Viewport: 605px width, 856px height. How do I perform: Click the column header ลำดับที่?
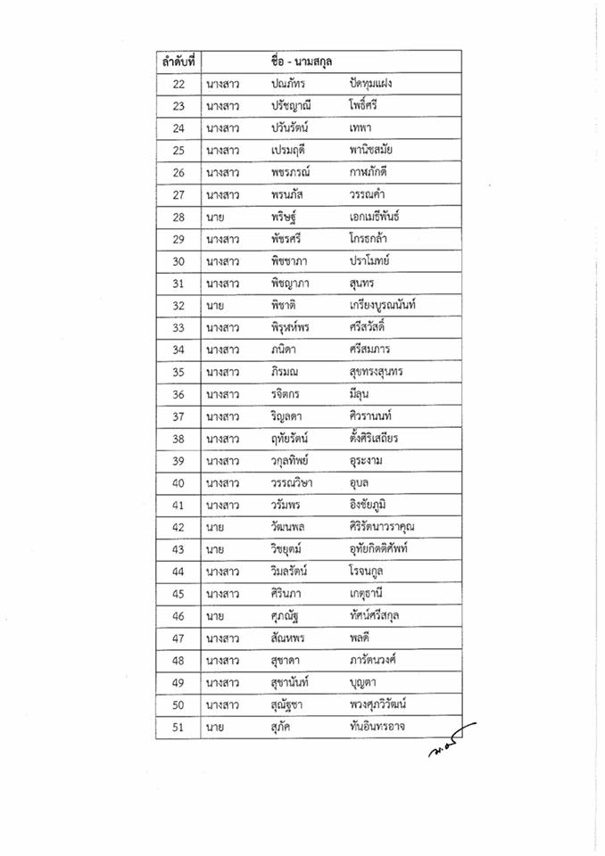tap(178, 62)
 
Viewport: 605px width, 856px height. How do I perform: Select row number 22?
tap(178, 84)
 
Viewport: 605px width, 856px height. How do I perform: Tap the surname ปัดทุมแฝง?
tap(372, 84)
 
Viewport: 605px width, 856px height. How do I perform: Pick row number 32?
tap(178, 306)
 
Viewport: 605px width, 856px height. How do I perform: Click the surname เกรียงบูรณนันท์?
tap(384, 306)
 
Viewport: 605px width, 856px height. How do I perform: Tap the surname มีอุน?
tap(362, 395)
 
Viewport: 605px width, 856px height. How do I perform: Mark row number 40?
tap(178, 483)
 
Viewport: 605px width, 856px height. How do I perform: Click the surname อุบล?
tap(364, 483)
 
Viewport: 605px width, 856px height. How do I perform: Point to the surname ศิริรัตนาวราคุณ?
tap(382, 528)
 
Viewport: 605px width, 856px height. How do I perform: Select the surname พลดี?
tap(363, 639)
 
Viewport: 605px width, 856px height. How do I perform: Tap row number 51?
tap(178, 728)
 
